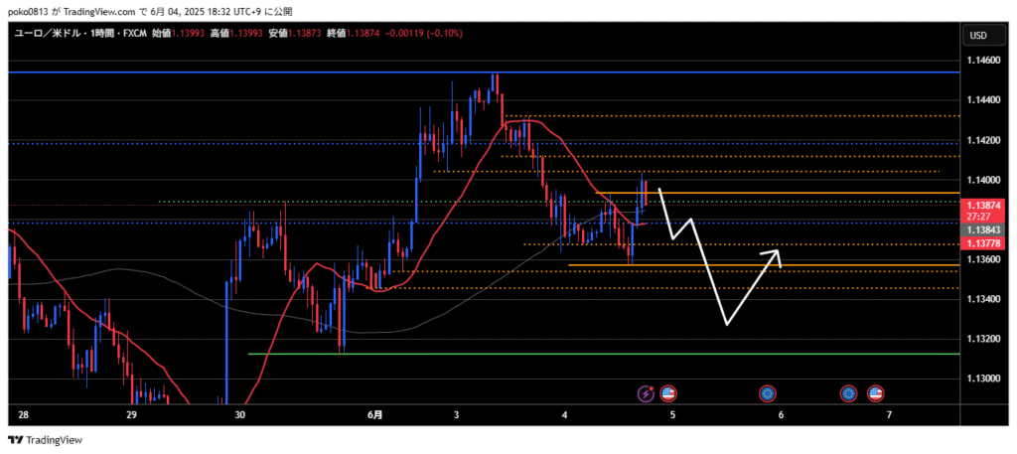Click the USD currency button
click(x=977, y=36)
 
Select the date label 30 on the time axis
click(x=238, y=414)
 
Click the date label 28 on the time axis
click(x=23, y=414)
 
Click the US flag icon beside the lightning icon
click(x=667, y=393)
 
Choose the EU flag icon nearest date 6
click(x=767, y=393)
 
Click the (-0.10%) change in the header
click(x=444, y=34)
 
